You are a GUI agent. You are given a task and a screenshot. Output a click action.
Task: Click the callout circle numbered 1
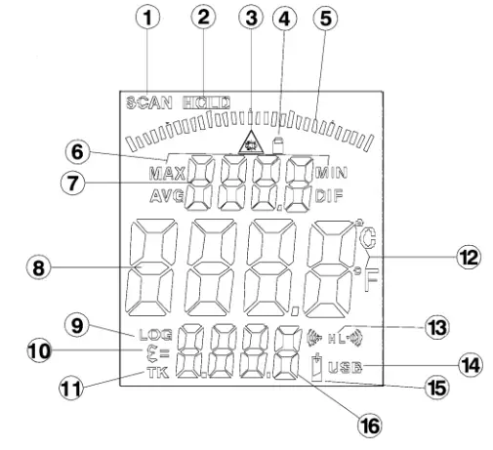point(149,17)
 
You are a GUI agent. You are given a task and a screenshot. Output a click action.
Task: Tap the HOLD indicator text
point(206,102)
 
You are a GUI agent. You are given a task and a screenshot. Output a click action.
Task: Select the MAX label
point(166,174)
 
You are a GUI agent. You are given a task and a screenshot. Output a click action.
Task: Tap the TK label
point(156,372)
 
